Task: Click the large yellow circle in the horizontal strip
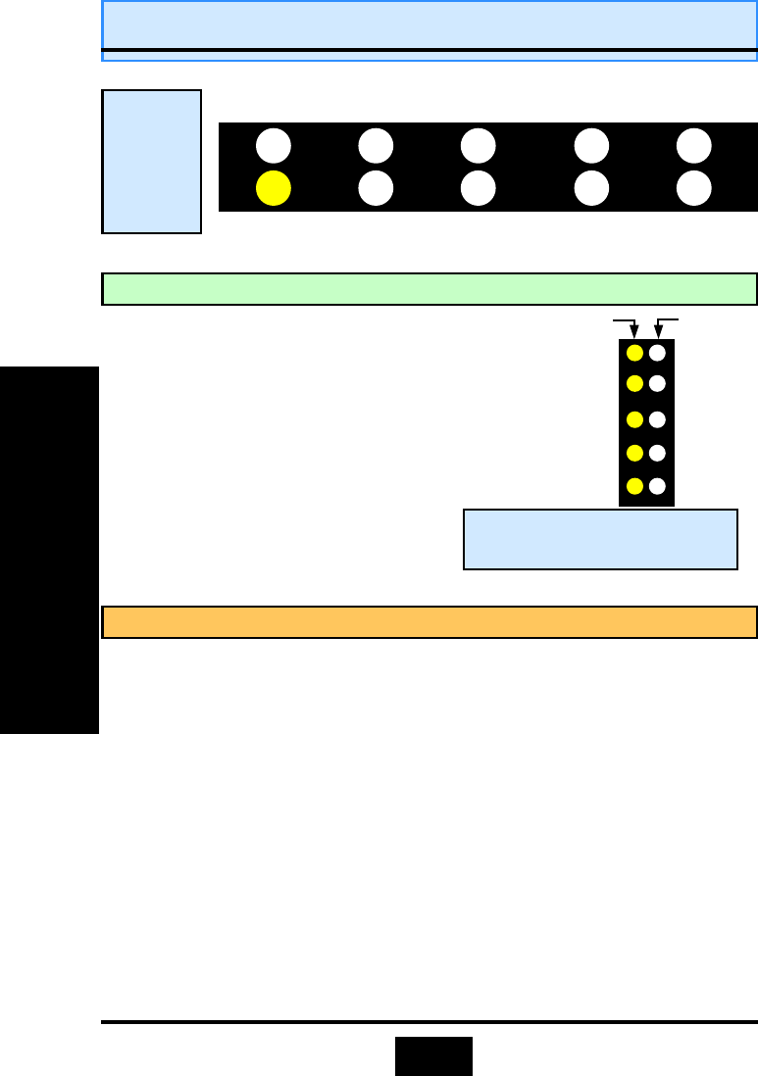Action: (x=274, y=187)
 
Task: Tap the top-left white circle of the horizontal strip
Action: (x=274, y=146)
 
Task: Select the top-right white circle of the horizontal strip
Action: (x=694, y=146)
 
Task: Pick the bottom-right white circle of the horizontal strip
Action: (x=694, y=187)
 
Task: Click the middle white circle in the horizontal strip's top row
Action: (x=478, y=146)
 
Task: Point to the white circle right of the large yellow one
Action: (x=376, y=187)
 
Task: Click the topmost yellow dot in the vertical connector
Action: (x=634, y=353)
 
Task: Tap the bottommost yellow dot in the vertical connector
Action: (x=634, y=486)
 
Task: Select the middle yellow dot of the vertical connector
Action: (x=634, y=419)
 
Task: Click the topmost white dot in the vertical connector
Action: (x=658, y=353)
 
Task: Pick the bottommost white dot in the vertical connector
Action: (x=658, y=486)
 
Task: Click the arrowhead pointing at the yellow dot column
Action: (x=634, y=333)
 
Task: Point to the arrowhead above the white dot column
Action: (x=658, y=333)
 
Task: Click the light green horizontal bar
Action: (x=430, y=289)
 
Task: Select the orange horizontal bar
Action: (x=430, y=622)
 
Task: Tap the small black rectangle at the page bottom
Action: (x=433, y=1055)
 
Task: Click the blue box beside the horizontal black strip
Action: (x=152, y=162)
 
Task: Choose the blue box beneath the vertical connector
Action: (x=599, y=538)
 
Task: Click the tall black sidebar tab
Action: (x=49, y=550)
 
